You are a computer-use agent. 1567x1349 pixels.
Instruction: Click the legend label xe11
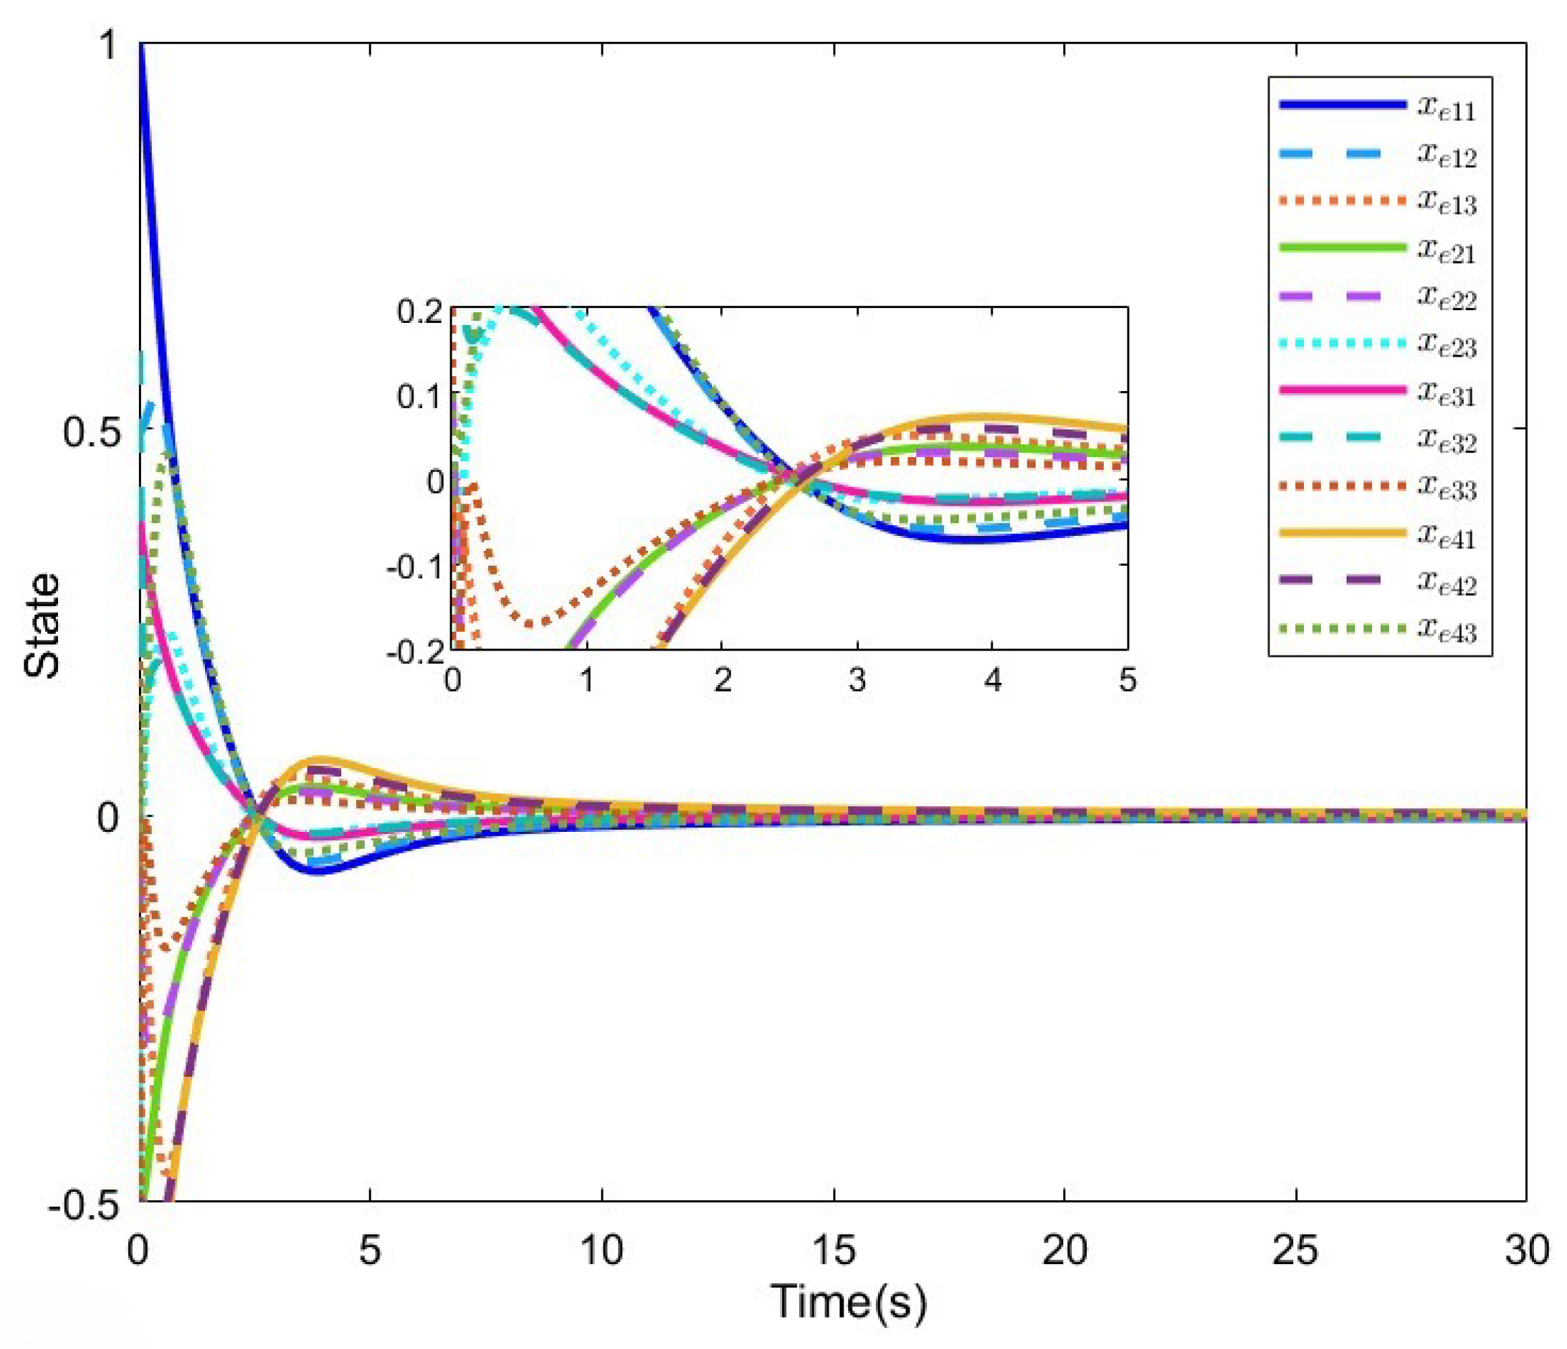[1446, 108]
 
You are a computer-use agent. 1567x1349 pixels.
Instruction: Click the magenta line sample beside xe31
[1342, 390]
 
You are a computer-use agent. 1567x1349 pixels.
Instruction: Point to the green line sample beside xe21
[1342, 247]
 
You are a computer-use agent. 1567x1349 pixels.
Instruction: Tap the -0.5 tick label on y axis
[83, 1205]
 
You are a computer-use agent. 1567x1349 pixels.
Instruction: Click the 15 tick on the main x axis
[833, 1250]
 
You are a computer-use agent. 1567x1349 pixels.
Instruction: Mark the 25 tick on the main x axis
[1295, 1250]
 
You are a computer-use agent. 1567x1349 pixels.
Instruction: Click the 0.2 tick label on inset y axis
[419, 311]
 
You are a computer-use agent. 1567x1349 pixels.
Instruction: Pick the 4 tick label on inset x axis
[993, 680]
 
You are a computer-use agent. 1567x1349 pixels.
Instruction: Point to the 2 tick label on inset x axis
[722, 680]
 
